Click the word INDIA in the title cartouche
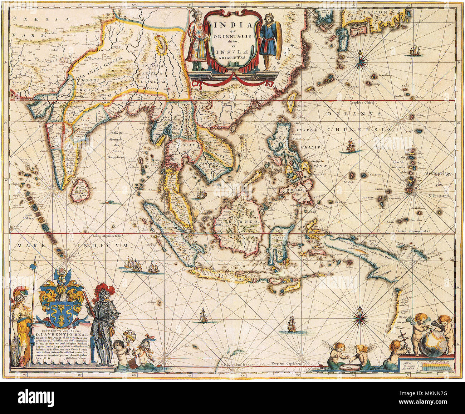(232, 25)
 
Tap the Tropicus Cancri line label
(362, 103)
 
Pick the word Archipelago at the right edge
(442, 173)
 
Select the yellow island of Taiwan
(292, 102)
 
